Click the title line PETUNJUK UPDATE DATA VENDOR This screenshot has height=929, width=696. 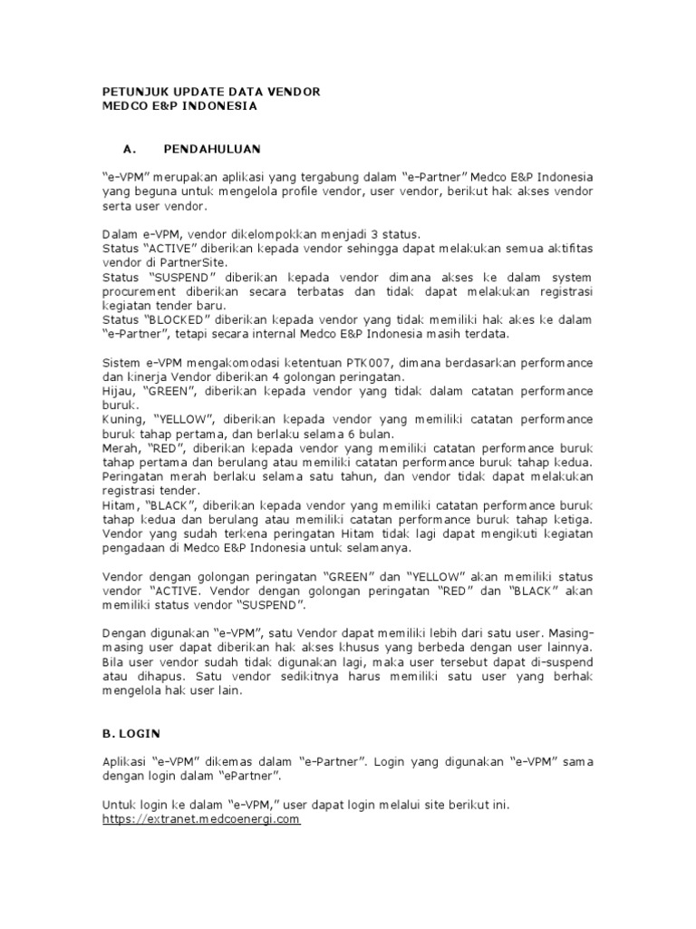pos(209,92)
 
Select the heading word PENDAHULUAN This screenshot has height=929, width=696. pos(212,148)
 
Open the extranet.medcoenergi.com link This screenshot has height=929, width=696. pos(200,819)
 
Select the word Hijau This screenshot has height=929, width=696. pos(118,391)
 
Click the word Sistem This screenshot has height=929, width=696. pos(122,363)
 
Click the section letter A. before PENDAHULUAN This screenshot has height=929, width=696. pos(128,148)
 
